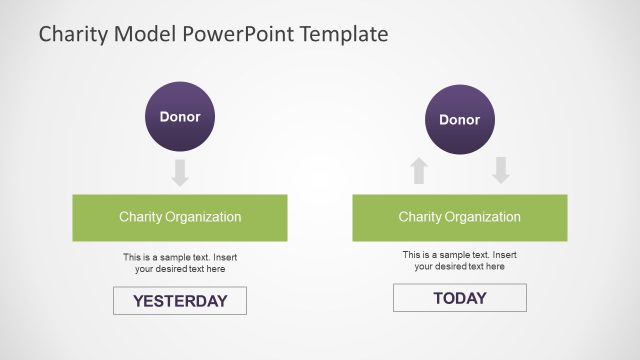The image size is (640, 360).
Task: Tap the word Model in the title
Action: click(144, 34)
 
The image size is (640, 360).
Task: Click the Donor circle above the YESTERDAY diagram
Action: click(180, 117)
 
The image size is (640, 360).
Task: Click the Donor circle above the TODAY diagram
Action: click(460, 120)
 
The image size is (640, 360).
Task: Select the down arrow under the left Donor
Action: click(180, 172)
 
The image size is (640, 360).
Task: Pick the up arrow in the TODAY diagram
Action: click(419, 171)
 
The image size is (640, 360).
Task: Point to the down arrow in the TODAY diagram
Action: click(501, 171)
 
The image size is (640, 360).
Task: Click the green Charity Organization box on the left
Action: click(180, 217)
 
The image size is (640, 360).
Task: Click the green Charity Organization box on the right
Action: click(460, 217)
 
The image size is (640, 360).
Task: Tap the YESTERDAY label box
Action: click(180, 300)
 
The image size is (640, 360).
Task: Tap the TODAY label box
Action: click(460, 298)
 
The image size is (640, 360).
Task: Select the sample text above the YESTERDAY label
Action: click(180, 263)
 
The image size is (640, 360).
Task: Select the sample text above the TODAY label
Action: click(460, 261)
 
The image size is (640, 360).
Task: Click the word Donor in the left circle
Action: click(180, 117)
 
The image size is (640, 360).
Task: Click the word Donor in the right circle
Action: click(460, 120)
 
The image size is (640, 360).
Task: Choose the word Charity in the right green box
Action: click(420, 217)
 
